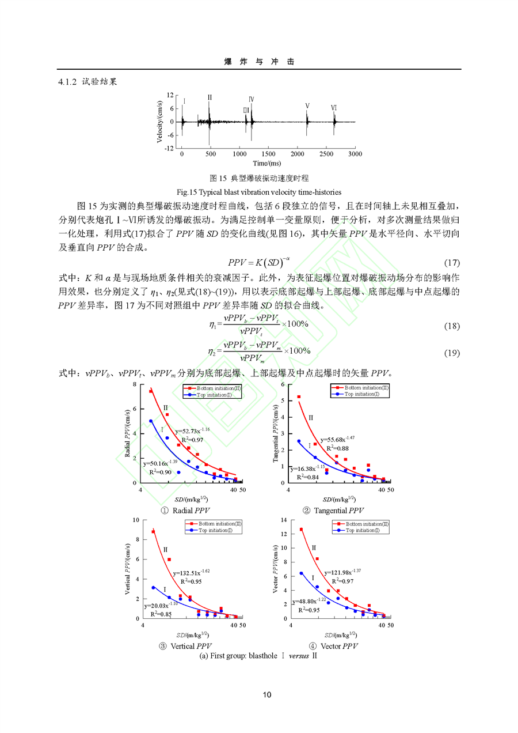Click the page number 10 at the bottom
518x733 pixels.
tap(266, 695)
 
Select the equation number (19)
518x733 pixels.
tap(452, 353)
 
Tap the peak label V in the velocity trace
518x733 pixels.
tap(307, 106)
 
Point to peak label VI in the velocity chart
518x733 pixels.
tap(334, 108)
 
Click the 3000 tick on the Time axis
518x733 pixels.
tap(355, 154)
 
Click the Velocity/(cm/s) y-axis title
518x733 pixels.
tap(159, 122)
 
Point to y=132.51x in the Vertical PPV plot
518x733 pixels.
tap(191, 573)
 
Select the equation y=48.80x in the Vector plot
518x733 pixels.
tap(310, 600)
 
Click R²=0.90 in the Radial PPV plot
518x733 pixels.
tap(161, 472)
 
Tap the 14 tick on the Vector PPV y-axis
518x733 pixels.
tap(283, 520)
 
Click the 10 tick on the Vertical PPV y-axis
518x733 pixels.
tap(136, 520)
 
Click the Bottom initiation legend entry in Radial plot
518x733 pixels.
tap(212, 388)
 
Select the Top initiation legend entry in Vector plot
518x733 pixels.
tap(361, 531)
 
